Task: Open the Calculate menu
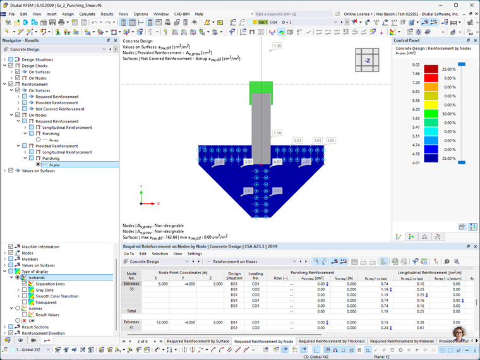[x=87, y=14]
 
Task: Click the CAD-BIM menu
[x=182, y=14]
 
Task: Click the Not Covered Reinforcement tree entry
[x=60, y=109]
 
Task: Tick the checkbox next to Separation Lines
[x=25, y=284]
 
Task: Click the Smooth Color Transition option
[x=57, y=296]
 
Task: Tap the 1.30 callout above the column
[x=277, y=46]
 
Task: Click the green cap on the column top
[x=261, y=88]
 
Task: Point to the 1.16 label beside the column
[x=277, y=133]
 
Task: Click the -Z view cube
[x=367, y=61]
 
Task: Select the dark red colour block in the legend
[x=431, y=69]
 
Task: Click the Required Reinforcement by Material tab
[x=402, y=341]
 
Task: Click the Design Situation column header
[x=234, y=275]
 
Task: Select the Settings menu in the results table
[x=195, y=253]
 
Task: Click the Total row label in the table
[x=131, y=311]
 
